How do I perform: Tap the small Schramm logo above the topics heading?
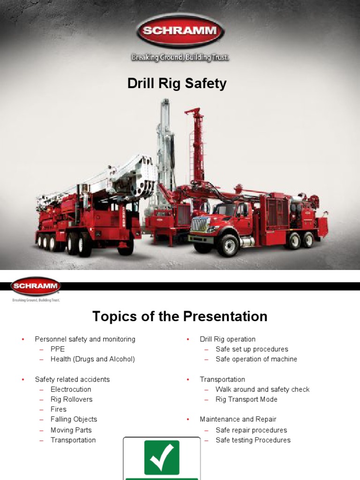(x=36, y=285)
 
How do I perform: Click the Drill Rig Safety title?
(x=177, y=84)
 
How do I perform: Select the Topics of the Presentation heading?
(x=180, y=316)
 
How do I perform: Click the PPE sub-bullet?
(x=58, y=349)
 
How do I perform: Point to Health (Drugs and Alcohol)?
(x=92, y=359)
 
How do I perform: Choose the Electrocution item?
(x=71, y=390)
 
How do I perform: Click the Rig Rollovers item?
(x=71, y=399)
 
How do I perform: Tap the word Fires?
(x=59, y=409)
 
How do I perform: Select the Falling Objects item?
(x=74, y=419)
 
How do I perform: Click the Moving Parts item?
(x=71, y=430)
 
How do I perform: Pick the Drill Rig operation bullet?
(x=227, y=339)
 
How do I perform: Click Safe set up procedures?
(x=252, y=349)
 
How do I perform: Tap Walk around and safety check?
(x=262, y=390)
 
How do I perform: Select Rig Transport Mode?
(x=246, y=399)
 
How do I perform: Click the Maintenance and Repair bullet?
(x=238, y=419)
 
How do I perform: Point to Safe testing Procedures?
(x=253, y=440)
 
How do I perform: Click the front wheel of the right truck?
(x=228, y=244)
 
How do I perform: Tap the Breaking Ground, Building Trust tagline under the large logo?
(x=180, y=58)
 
